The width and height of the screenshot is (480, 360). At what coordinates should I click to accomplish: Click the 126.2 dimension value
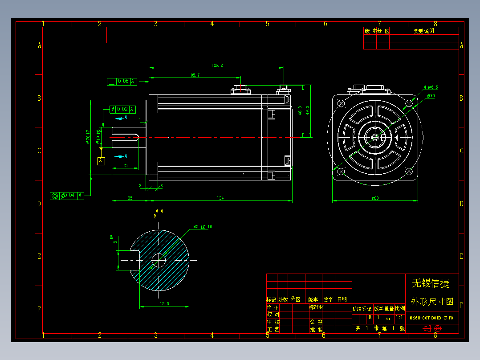(217, 65)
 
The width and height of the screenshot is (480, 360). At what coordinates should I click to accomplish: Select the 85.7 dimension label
(195, 75)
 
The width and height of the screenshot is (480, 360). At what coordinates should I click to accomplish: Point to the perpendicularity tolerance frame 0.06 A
(122, 82)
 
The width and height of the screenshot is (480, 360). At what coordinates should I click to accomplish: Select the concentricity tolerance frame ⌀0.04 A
(67, 196)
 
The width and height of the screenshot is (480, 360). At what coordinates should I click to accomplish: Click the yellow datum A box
(101, 160)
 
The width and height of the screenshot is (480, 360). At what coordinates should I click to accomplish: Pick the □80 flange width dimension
(375, 198)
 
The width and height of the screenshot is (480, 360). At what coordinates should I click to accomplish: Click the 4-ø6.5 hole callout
(431, 87)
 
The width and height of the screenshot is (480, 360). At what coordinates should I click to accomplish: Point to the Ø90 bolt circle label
(431, 96)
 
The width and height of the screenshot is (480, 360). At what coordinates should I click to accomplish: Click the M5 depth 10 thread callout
(203, 227)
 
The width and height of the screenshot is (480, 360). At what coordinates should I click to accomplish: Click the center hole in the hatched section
(159, 260)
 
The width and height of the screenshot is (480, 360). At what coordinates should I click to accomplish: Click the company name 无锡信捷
(431, 283)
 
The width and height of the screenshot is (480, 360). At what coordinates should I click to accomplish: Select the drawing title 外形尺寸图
(431, 302)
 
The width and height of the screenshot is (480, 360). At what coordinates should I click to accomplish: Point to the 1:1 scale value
(399, 318)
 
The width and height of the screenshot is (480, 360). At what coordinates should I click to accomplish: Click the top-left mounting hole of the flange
(342, 103)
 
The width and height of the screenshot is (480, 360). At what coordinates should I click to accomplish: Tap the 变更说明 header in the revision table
(423, 31)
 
